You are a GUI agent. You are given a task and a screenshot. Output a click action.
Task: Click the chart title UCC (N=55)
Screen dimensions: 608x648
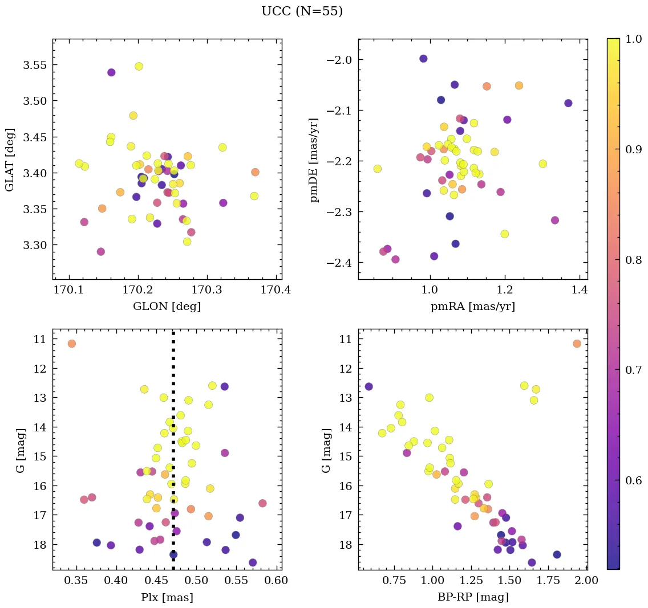click(302, 11)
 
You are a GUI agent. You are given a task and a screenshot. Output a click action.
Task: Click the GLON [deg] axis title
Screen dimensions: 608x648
click(167, 307)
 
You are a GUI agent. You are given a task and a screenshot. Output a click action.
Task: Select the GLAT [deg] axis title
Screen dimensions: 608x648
click(10, 159)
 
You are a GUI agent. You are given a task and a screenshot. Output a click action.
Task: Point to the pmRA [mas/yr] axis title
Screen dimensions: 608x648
click(472, 307)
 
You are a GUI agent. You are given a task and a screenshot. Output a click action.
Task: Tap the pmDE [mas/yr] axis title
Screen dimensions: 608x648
click(315, 160)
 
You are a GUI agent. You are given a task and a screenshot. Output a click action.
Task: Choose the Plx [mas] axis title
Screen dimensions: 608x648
click(167, 597)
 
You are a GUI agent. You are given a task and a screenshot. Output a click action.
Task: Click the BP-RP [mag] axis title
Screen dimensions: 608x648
click(472, 597)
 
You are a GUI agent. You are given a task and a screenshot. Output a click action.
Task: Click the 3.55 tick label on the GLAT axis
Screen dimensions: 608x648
click(34, 65)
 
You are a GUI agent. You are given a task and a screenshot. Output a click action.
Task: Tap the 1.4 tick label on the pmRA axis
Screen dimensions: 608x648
click(580, 290)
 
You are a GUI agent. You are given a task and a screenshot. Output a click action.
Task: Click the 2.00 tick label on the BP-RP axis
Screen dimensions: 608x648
click(586, 581)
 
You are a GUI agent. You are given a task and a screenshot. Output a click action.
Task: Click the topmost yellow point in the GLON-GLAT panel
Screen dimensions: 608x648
click(139, 66)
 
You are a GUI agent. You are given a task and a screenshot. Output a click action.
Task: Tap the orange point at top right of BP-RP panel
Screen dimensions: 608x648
click(577, 344)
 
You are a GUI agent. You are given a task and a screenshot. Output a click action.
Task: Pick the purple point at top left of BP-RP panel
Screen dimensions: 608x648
click(368, 386)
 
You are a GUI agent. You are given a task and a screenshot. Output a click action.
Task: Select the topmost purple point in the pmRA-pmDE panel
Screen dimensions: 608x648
click(423, 59)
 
